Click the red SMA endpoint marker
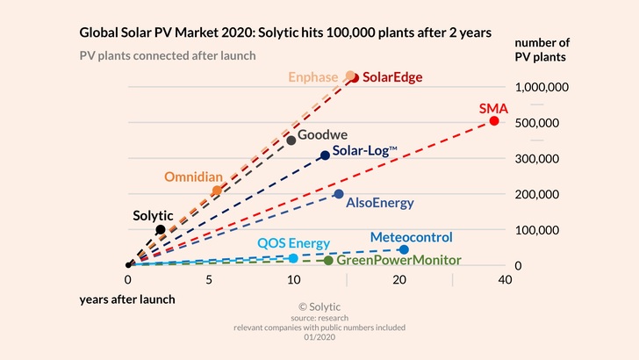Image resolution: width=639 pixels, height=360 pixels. tap(494, 120)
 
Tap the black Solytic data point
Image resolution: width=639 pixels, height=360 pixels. tap(160, 229)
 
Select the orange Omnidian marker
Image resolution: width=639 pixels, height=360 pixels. tap(217, 191)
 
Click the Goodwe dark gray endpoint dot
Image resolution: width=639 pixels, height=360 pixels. tap(291, 140)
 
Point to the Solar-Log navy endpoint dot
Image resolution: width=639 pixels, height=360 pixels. tap(325, 155)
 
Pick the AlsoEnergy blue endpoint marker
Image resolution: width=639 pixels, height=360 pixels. tap(339, 194)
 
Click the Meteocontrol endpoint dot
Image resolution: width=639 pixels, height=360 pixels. tap(404, 250)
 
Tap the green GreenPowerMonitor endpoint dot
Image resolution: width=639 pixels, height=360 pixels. tap(328, 260)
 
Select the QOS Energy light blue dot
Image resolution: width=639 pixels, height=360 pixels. tap(293, 258)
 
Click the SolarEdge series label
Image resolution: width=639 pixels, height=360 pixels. tap(392, 77)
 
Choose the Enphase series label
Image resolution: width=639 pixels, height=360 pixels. tap(312, 77)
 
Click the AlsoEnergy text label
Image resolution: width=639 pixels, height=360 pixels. tap(380, 203)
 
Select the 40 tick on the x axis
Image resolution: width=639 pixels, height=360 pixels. tap(504, 279)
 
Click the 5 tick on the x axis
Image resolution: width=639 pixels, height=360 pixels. tap(209, 279)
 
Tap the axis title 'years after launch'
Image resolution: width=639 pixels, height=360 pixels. tap(127, 299)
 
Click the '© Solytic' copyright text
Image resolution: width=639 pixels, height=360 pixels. tap(319, 306)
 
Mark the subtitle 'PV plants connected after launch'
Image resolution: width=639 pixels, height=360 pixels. tap(168, 55)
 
